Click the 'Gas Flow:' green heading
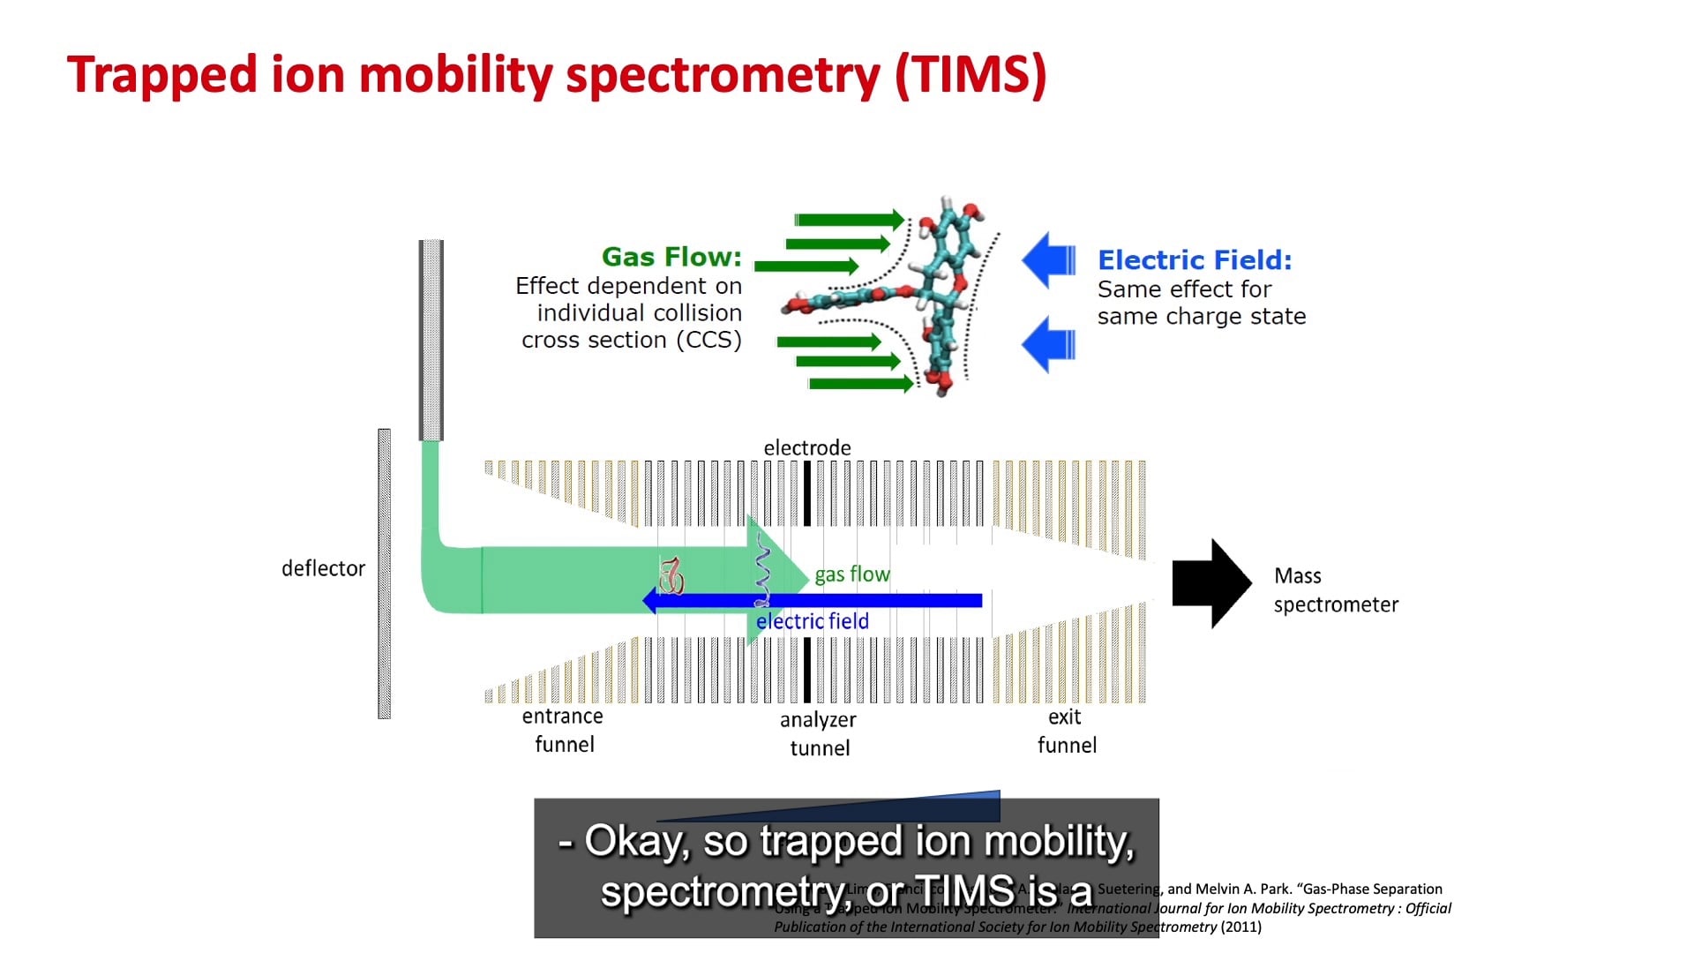[671, 257]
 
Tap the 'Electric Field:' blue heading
[1195, 260]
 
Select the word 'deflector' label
[323, 568]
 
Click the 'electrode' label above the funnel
[807, 448]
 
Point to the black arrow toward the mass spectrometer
[1211, 583]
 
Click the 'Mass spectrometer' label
[1335, 590]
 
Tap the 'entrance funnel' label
[563, 730]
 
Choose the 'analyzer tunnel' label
[819, 733]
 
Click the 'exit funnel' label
[1066, 731]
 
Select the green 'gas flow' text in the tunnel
[852, 574]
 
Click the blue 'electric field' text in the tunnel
[813, 621]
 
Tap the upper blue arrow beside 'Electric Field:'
[1049, 260]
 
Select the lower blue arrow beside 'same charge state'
[1049, 344]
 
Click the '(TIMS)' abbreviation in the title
[971, 74]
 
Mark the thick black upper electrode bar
[806, 493]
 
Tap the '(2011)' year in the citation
[1241, 927]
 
